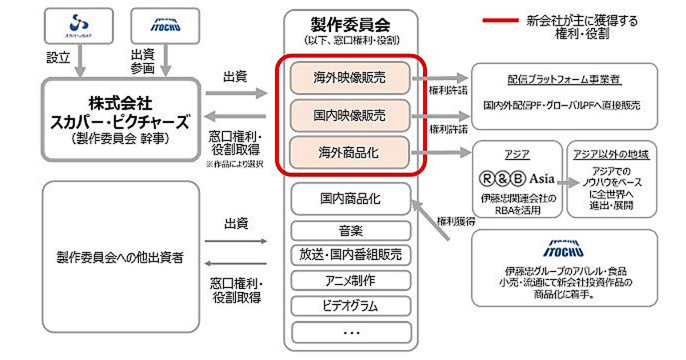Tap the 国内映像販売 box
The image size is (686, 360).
(x=350, y=115)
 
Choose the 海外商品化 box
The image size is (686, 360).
(x=350, y=153)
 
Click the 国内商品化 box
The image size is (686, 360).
(x=350, y=199)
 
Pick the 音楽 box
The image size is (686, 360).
(x=350, y=230)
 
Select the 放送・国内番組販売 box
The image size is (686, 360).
(x=350, y=254)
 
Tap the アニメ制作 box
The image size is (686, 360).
(x=350, y=280)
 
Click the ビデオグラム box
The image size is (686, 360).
(x=350, y=306)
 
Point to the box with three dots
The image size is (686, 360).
(x=350, y=332)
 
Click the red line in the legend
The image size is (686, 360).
(x=500, y=21)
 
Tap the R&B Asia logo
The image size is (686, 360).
(x=516, y=179)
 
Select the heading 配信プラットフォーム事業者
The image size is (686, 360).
(x=564, y=79)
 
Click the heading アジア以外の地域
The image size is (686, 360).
(x=612, y=155)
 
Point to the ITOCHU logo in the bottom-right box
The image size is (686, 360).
(x=564, y=250)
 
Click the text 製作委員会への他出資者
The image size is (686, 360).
(x=121, y=257)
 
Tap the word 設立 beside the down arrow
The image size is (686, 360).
(x=58, y=57)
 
